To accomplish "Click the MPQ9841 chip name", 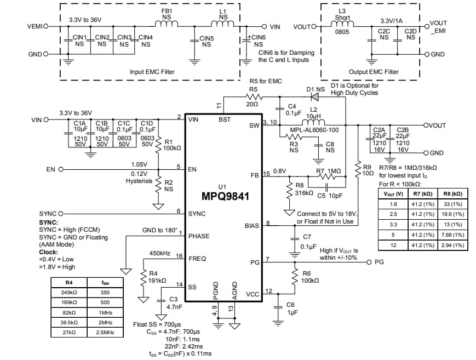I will click(224, 196).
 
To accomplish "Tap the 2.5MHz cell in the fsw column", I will click(105, 333).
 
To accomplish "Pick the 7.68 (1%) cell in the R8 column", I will click(451, 235).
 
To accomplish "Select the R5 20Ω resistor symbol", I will click(253, 97).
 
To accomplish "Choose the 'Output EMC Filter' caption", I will click(374, 72).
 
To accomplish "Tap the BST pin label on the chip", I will click(225, 119).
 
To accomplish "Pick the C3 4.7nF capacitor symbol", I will click(161, 300).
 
